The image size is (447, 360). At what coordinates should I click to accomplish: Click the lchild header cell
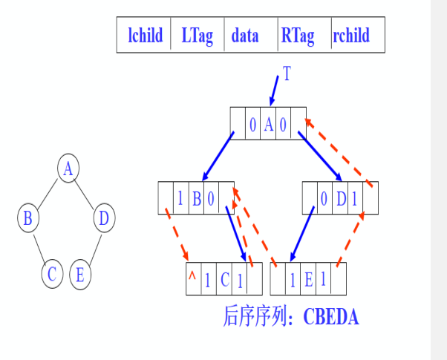point(145,36)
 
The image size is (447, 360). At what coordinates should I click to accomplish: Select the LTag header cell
point(197,36)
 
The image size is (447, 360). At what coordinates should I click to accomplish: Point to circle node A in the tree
point(68,168)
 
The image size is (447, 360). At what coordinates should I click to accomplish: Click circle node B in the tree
point(28,218)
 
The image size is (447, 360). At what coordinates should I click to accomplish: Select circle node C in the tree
point(52,274)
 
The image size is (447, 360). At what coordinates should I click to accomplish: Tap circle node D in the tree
point(104,218)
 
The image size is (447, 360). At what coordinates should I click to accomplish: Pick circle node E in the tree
point(80,274)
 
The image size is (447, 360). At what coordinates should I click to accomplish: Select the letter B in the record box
point(197,198)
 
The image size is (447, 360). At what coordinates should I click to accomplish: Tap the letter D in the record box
point(341,198)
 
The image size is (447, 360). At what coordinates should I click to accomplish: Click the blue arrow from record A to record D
point(320,157)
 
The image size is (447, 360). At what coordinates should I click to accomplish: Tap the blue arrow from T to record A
point(273,92)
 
